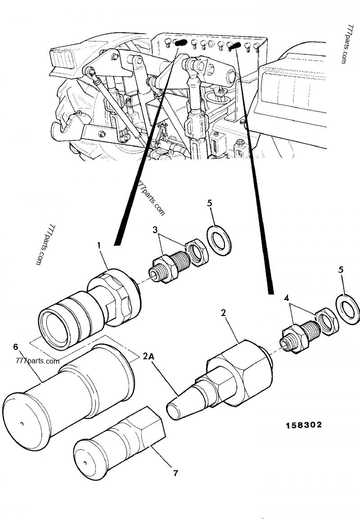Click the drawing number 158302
pos(303,424)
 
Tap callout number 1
pos(99,245)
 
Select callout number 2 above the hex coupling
pos(223,312)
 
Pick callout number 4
pos(286,298)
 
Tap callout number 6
pos(16,347)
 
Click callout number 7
pos(175,473)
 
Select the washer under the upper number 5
pos(219,239)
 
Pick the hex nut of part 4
pos(326,321)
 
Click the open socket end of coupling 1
pos(53,327)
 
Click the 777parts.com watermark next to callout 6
pos(37,361)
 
